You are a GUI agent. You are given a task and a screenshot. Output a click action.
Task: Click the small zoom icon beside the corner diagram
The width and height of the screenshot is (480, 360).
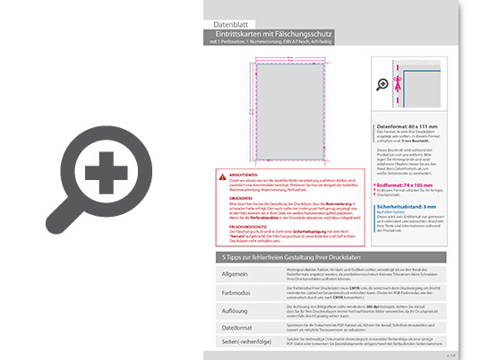point(383,85)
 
